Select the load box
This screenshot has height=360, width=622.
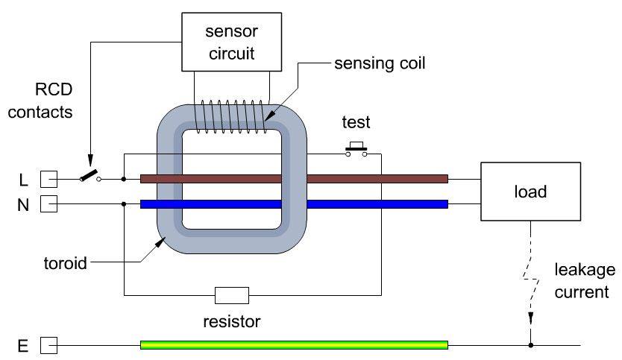[530, 192]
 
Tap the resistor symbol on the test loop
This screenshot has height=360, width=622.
[231, 295]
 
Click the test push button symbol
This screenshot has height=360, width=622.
[356, 150]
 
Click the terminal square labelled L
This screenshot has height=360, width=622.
[48, 179]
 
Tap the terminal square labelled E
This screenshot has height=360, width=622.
[48, 345]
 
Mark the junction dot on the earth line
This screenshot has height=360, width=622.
[530, 345]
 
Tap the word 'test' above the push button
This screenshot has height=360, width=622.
[356, 123]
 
